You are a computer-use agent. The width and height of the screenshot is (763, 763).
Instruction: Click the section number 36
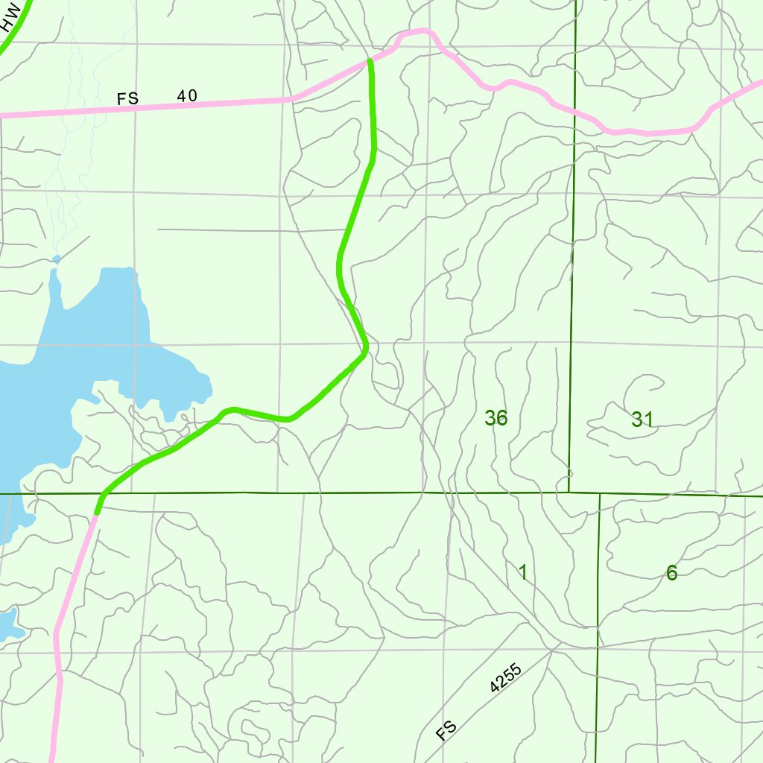click(x=496, y=418)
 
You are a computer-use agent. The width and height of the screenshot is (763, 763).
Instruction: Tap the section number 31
click(x=642, y=420)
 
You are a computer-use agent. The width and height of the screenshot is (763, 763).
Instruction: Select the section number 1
click(x=523, y=572)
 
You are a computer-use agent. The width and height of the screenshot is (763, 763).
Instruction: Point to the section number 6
click(x=672, y=573)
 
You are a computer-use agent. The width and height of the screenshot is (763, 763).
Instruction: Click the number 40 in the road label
click(x=187, y=96)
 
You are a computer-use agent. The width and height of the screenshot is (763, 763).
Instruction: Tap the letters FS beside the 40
click(x=127, y=99)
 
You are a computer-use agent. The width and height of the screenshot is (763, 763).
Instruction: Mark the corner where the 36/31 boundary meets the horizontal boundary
click(x=569, y=493)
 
